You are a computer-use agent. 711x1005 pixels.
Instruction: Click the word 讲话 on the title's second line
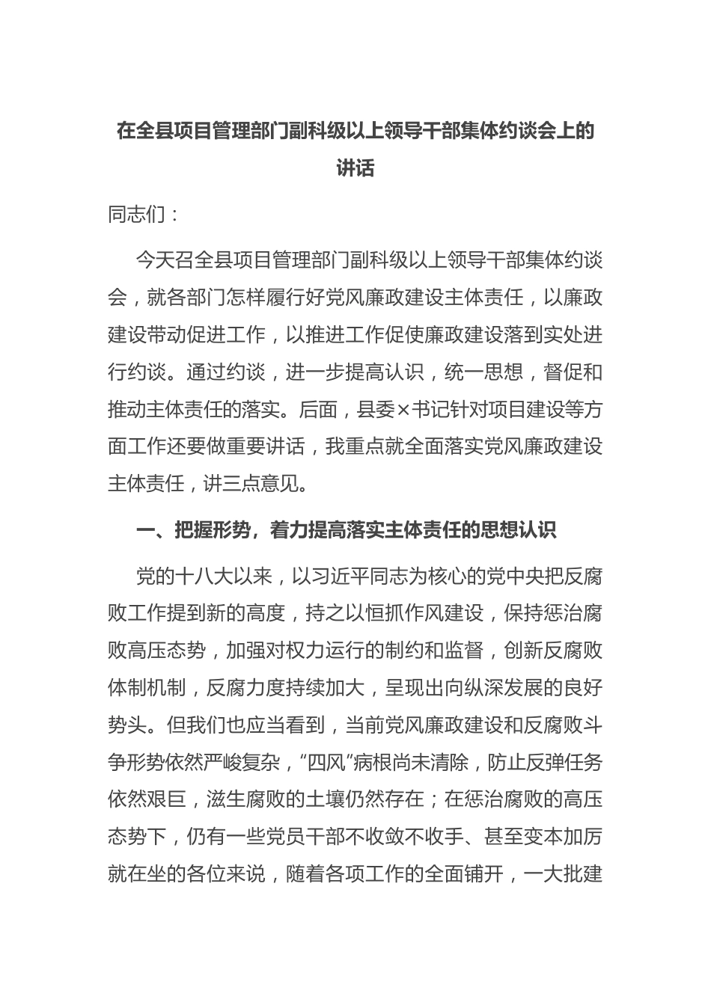pos(355,168)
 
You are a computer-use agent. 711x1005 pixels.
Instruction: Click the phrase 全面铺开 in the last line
pos(464,874)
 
